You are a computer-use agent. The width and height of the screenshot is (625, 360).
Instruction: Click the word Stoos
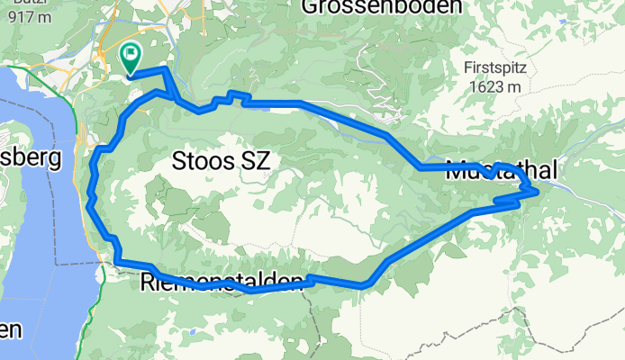(198, 161)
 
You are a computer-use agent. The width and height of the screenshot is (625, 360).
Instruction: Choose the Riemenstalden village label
(221, 283)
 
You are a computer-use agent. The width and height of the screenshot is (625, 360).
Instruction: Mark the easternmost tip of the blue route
(538, 191)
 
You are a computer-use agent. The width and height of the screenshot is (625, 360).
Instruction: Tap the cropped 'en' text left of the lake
(9, 329)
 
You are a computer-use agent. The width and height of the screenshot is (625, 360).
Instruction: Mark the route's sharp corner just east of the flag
(165, 69)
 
